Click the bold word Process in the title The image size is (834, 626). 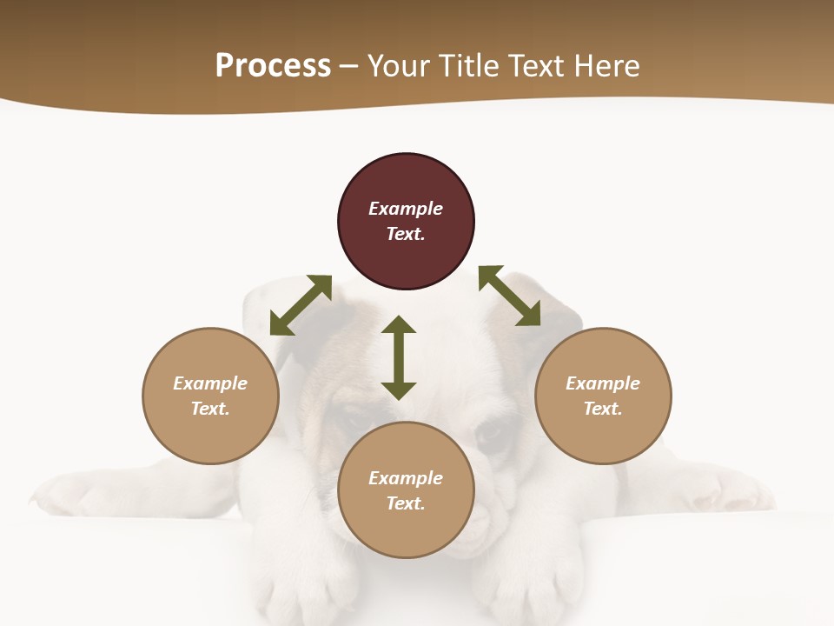point(273,66)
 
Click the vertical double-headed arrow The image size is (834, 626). point(399,357)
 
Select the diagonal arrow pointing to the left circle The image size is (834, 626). point(301,305)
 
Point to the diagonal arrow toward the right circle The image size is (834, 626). point(509,296)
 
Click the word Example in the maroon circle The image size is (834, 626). point(406,209)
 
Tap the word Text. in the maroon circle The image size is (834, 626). point(406,234)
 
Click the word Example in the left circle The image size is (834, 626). point(210,383)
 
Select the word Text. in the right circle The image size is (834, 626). point(603,409)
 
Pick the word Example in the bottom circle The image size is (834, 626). point(406,478)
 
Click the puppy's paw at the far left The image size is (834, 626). point(61,494)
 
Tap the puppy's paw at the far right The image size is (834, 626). point(738,492)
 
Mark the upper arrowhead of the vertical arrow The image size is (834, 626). point(399,325)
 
